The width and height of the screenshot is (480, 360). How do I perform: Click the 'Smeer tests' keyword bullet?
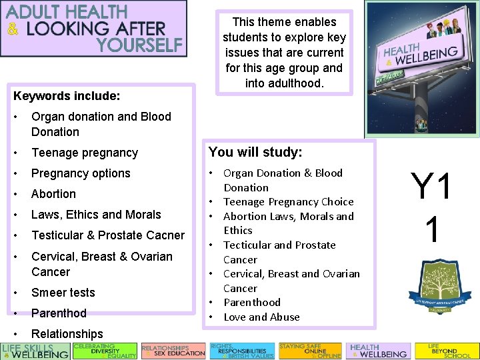tap(63, 292)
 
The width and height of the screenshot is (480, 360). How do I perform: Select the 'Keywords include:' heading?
tap(67, 96)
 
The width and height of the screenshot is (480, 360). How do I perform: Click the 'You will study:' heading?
tap(255, 153)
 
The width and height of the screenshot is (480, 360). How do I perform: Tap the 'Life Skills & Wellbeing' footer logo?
tap(35, 351)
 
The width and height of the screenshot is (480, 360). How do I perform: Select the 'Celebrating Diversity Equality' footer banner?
tap(105, 351)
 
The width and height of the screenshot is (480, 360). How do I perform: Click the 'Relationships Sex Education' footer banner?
tap(173, 351)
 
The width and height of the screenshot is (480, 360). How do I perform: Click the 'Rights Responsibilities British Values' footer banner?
tap(241, 351)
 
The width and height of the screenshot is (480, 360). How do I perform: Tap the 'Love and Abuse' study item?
tap(261, 317)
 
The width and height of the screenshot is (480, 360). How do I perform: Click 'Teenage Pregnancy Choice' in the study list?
tap(288, 201)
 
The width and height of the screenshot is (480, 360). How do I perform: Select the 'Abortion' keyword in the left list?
tap(53, 193)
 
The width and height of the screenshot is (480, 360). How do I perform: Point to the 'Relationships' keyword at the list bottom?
tap(67, 333)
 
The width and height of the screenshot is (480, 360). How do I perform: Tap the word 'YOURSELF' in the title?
tap(139, 45)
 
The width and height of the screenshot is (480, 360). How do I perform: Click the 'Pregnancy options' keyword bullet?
tap(81, 173)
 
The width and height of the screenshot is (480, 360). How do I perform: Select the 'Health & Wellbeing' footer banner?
tap(377, 351)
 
